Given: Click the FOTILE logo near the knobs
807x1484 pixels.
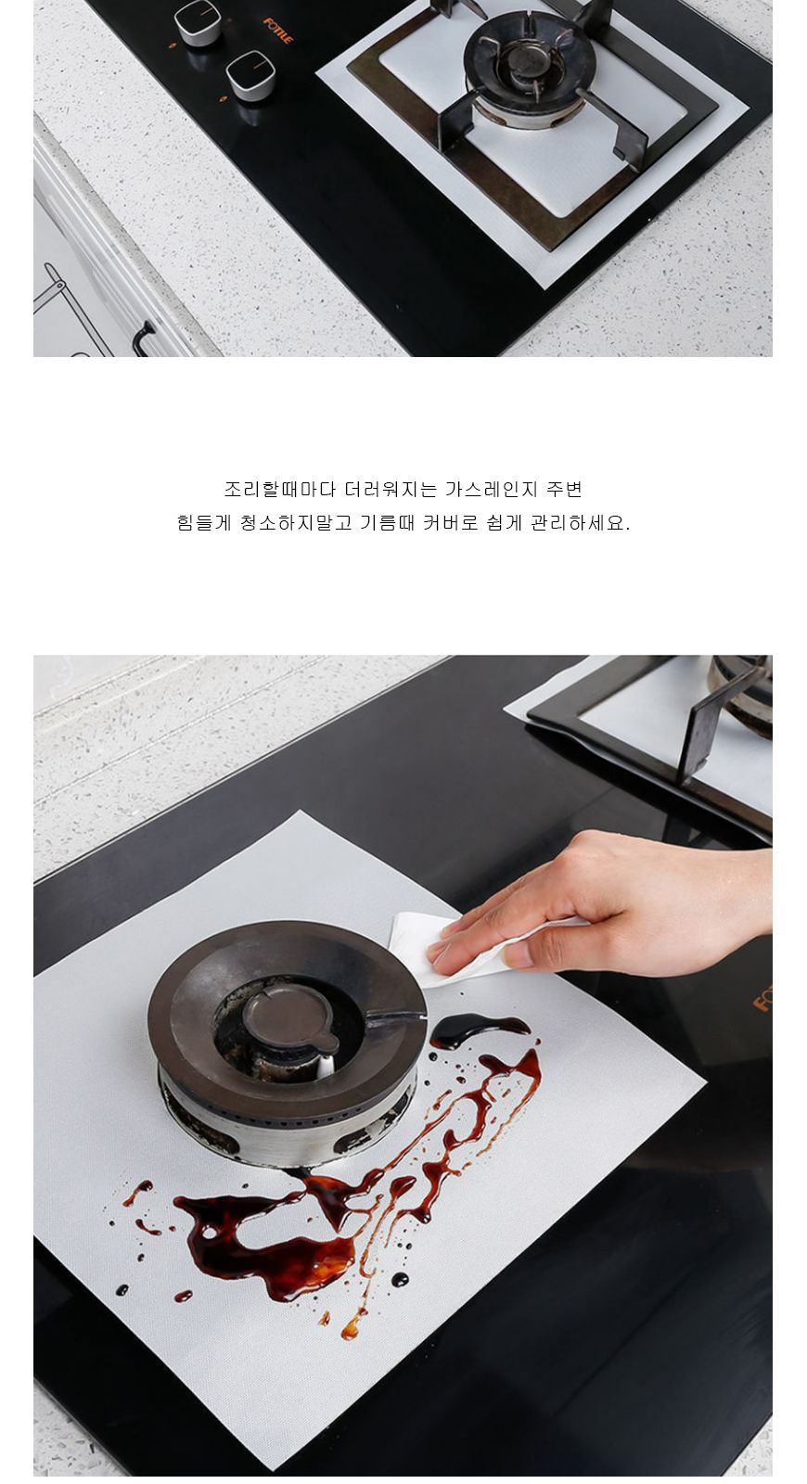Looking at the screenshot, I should coord(278,31).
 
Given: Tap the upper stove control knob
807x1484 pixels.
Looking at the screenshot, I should coord(198,21).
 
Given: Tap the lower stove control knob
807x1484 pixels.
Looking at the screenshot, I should coord(250,75).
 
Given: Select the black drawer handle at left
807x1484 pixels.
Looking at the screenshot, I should coord(141,339).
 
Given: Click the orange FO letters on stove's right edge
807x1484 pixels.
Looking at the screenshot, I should coord(762,997).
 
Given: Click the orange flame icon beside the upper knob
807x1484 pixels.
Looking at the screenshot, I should coord(172,45).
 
